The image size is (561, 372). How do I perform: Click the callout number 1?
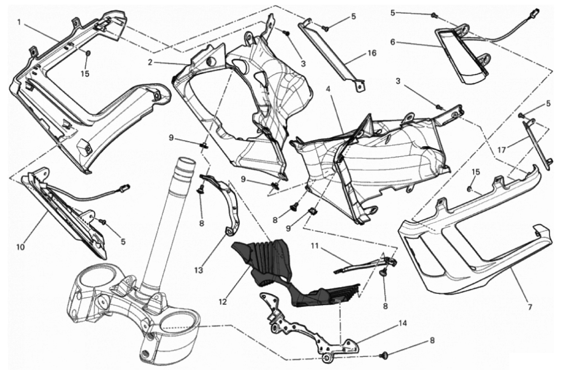click(x=19, y=22)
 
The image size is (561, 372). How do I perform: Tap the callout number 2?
click(x=150, y=62)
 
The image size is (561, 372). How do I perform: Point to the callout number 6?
click(x=392, y=42)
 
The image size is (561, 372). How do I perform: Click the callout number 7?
click(x=530, y=307)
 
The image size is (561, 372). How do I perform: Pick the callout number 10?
click(x=21, y=247)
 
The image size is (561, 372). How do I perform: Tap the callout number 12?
click(x=222, y=302)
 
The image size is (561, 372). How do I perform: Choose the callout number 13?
click(x=199, y=271)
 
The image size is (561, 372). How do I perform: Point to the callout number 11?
click(x=315, y=246)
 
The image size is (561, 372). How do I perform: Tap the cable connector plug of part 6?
click(x=536, y=12)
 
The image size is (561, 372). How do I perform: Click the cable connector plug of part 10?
click(x=125, y=187)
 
